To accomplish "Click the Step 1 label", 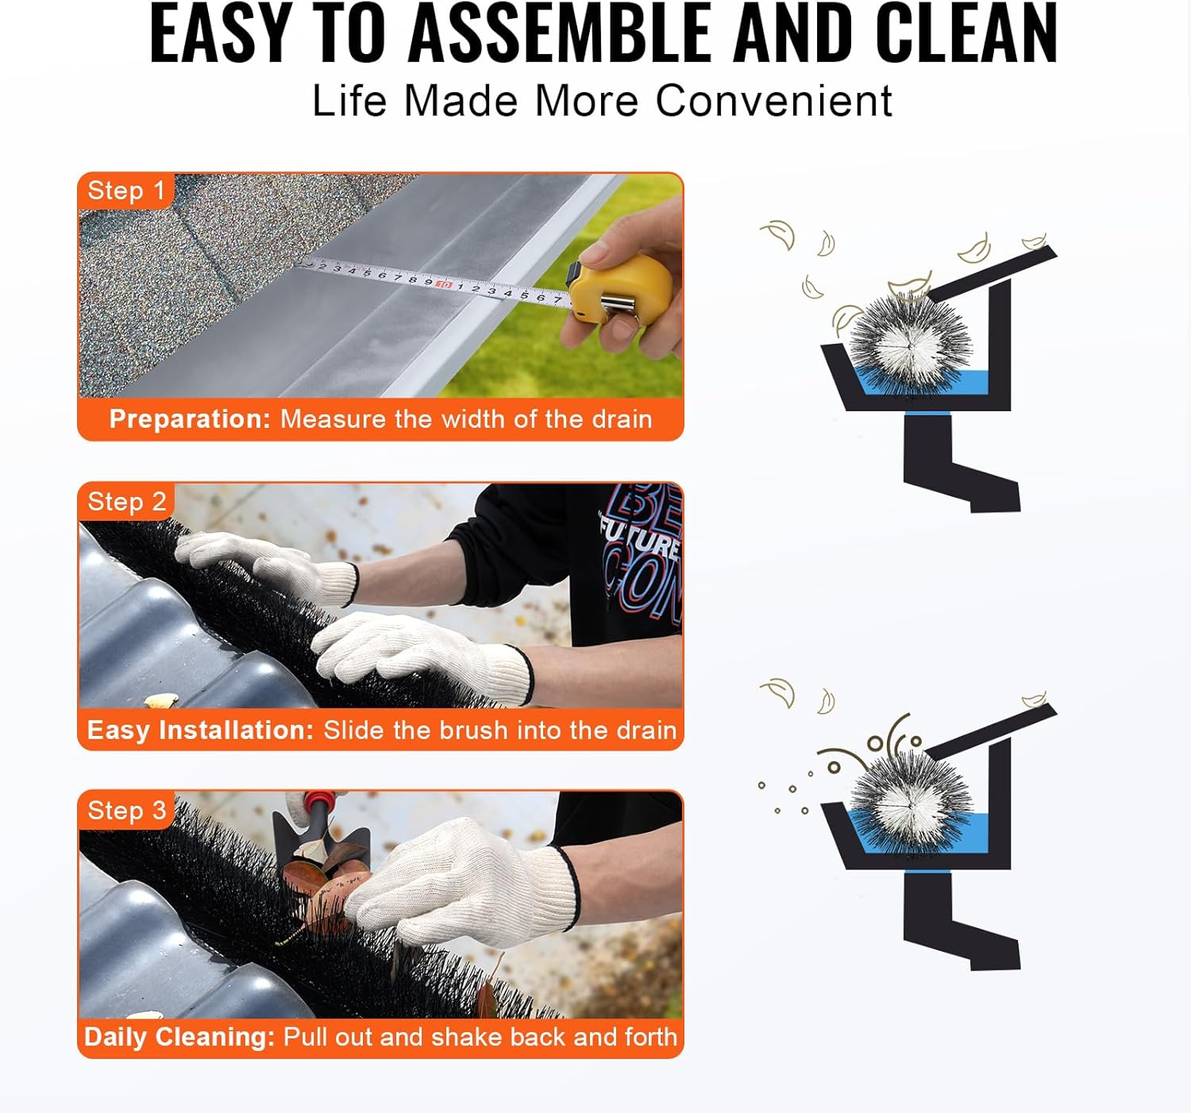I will pyautogui.click(x=125, y=191).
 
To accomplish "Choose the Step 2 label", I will pyautogui.click(x=126, y=502).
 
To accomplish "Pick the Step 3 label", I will pyautogui.click(x=126, y=811).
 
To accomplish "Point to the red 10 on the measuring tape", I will pyautogui.click(x=444, y=283).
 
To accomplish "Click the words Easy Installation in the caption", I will pyautogui.click(x=200, y=730).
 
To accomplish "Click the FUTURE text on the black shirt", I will pyautogui.click(x=639, y=540).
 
